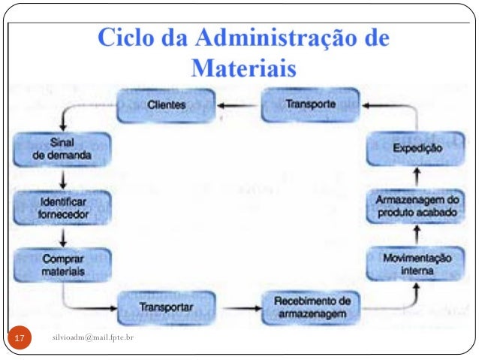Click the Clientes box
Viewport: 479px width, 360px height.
[x=167, y=105]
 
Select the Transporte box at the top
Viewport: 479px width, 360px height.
[x=310, y=104]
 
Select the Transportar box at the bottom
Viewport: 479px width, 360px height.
[x=166, y=307]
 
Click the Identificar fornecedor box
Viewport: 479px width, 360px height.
[x=63, y=208]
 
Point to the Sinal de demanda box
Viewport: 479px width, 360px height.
[x=63, y=150]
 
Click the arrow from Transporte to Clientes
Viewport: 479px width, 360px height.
[x=238, y=105]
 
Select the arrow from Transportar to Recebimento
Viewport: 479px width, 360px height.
[x=238, y=307]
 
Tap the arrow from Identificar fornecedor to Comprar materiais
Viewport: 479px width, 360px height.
[x=63, y=237]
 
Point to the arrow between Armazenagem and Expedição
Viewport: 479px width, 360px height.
[x=417, y=177]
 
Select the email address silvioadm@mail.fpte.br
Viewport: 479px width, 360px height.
[x=93, y=340]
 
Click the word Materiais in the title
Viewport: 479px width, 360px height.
[x=244, y=68]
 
